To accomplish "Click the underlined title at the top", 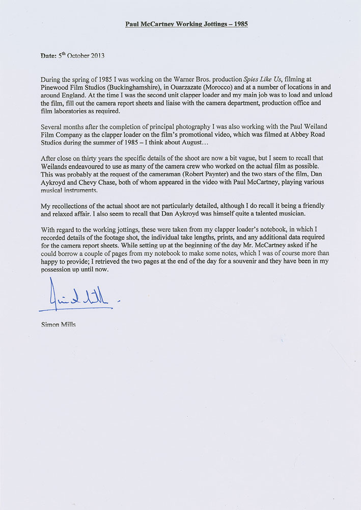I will (x=186, y=24).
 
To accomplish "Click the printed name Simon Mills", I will (x=57, y=324).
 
